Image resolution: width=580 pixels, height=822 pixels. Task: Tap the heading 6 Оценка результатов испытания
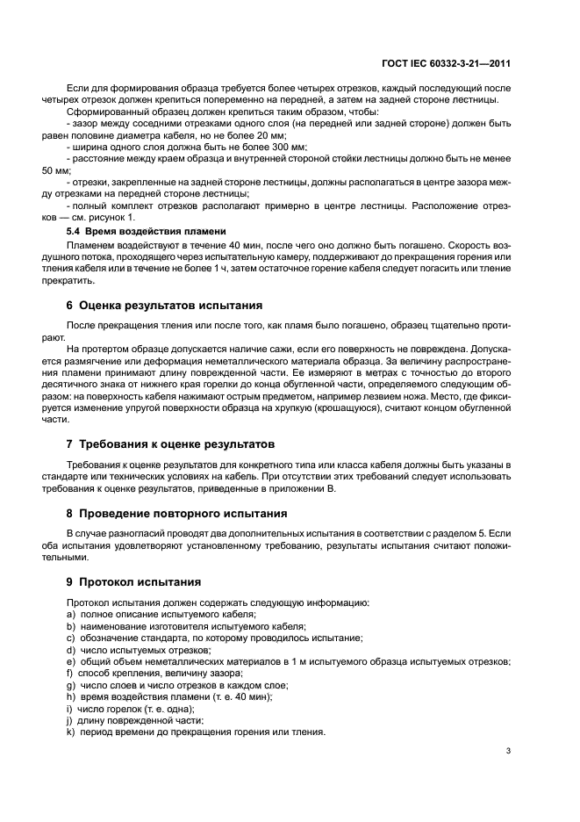click(164, 306)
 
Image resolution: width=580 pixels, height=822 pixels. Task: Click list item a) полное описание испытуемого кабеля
click(161, 615)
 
